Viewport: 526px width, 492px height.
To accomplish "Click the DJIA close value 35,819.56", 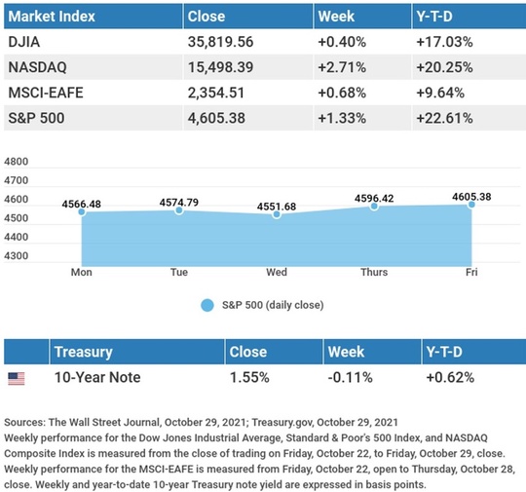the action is [220, 42].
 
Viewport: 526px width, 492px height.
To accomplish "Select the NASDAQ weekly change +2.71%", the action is [342, 67].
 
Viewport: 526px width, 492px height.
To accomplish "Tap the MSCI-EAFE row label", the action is [46, 93].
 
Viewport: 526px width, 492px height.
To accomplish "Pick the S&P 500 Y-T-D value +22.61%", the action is [444, 118].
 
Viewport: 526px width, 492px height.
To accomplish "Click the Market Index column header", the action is [52, 17].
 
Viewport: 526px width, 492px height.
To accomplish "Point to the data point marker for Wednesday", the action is [277, 214].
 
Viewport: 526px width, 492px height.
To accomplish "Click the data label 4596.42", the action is [374, 199].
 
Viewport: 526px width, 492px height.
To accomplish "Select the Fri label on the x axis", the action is [471, 272].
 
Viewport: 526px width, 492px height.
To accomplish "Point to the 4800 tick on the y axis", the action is [17, 162].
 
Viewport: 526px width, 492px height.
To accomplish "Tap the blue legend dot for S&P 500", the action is [207, 305].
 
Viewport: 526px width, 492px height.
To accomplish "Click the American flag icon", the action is [17, 379].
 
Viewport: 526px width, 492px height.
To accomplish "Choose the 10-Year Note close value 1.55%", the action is [249, 378].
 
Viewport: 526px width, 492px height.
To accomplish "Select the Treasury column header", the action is [84, 352].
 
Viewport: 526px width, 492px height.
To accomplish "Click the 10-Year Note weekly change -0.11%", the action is [351, 378].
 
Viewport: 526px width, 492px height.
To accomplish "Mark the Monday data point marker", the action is [82, 211].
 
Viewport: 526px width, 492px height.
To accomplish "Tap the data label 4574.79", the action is [179, 203].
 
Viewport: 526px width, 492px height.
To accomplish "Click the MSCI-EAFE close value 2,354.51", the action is [216, 93].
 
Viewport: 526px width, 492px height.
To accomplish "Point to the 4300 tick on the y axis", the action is [17, 255].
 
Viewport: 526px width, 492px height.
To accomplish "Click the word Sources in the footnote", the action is [24, 422].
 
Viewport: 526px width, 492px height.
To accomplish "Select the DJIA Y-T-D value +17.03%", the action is [444, 42].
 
